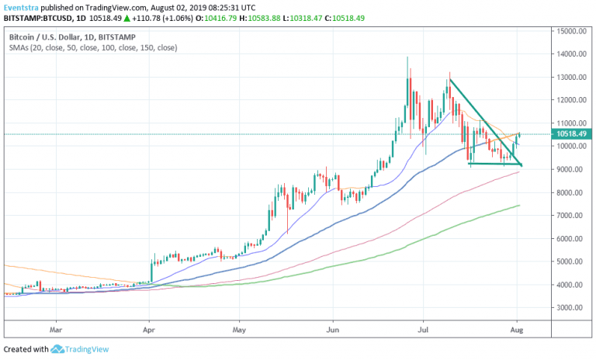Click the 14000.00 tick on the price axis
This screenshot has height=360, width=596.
(569, 54)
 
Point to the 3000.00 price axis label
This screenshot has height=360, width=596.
(569, 307)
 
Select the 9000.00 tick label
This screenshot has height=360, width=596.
(569, 169)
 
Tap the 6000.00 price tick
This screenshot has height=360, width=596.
(569, 238)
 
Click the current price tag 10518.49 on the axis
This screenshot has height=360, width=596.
(570, 133)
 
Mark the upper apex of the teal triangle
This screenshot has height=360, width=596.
(449, 78)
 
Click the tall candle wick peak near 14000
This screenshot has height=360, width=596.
(407, 57)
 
